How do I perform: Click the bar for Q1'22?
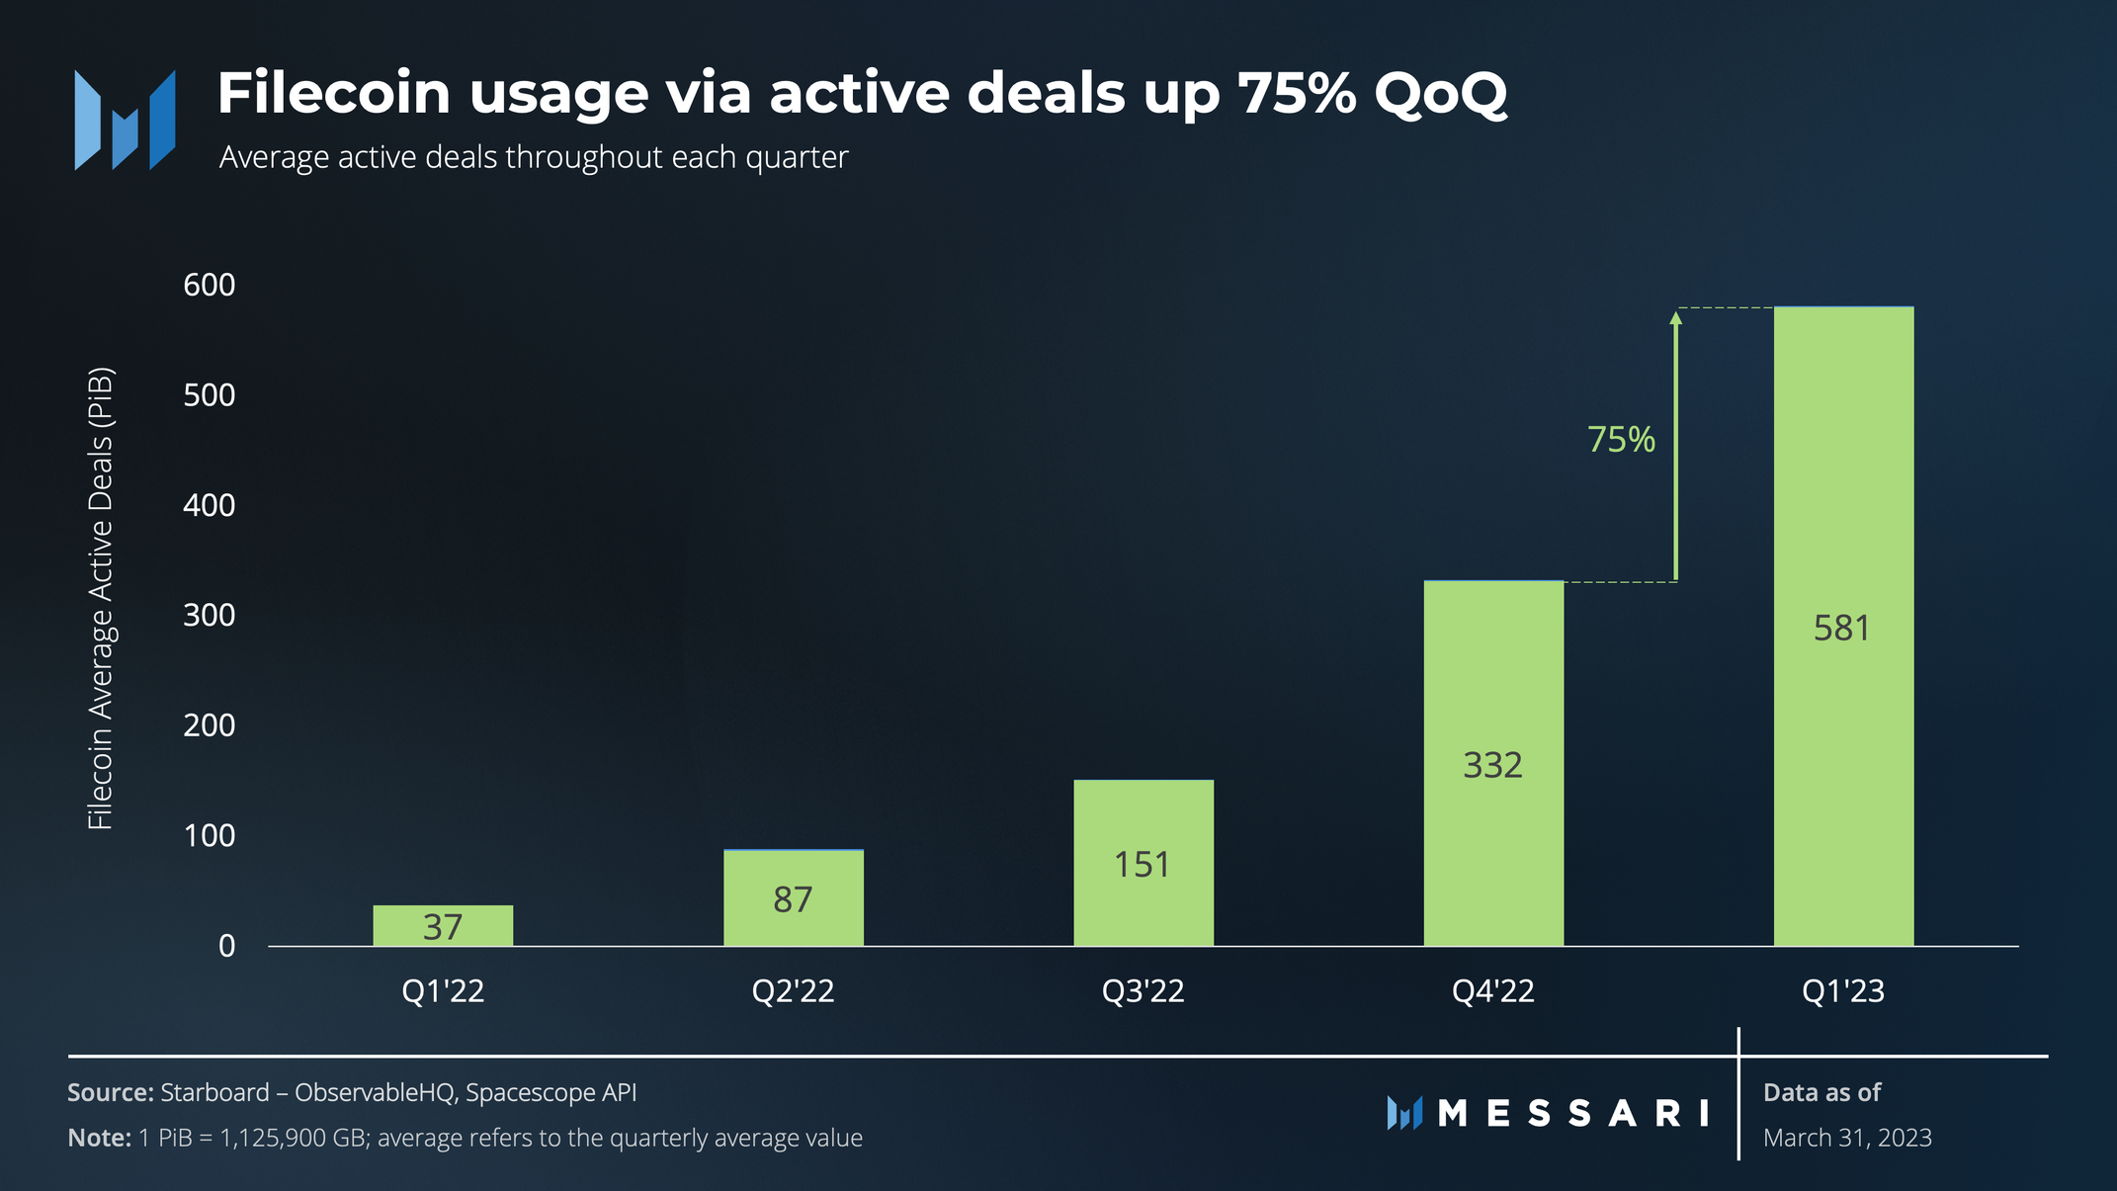[443, 925]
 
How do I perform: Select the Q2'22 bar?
[793, 897]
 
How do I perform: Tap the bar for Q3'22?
[1143, 863]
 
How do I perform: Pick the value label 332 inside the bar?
[1492, 765]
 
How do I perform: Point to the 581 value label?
[1842, 629]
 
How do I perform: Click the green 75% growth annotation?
[1621, 440]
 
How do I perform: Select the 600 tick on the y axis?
[210, 285]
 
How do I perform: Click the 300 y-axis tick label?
[210, 615]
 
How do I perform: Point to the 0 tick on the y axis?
[227, 946]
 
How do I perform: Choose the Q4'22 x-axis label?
[1492, 990]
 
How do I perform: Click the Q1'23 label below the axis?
[1842, 990]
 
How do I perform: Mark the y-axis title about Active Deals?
[101, 598]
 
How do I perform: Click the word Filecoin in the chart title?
[334, 94]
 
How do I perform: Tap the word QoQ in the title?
[1440, 94]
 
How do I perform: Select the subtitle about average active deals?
[534, 157]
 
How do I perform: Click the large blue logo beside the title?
[125, 120]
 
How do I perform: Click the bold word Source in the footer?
[110, 1092]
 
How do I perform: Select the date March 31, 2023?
[1846, 1138]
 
